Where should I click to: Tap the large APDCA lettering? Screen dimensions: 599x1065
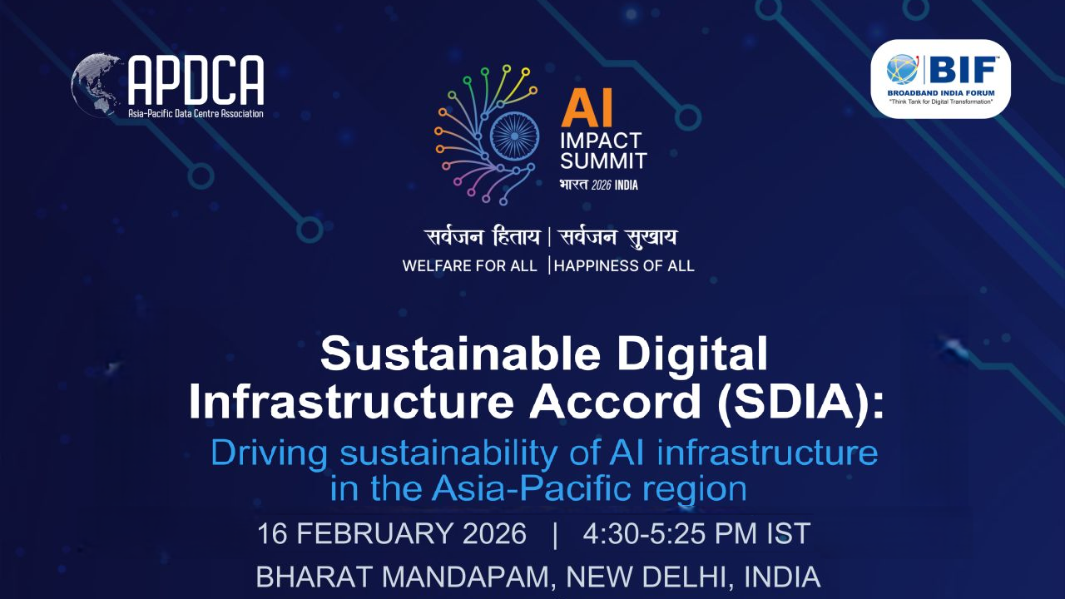(x=196, y=81)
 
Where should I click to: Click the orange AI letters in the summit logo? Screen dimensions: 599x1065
(x=587, y=108)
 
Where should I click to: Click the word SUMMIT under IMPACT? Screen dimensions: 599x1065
(x=603, y=161)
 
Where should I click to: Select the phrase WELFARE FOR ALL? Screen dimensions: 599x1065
(x=469, y=266)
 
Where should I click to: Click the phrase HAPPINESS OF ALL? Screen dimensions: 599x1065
(x=624, y=266)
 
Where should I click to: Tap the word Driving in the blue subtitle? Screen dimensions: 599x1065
(x=260, y=453)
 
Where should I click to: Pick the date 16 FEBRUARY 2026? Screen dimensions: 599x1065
(x=391, y=534)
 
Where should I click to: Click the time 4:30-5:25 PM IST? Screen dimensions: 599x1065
(x=696, y=534)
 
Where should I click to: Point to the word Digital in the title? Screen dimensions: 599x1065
(x=690, y=354)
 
